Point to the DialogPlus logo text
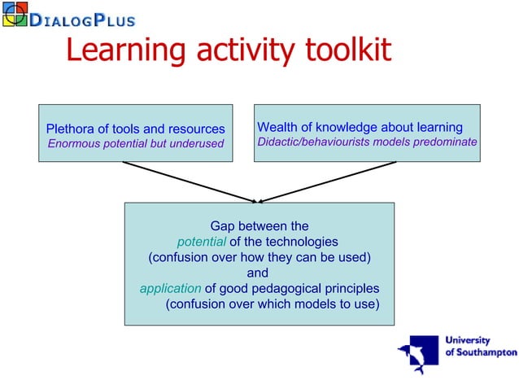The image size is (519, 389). click(82, 19)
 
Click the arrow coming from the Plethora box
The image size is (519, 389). click(187, 181)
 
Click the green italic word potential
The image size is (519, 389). click(201, 242)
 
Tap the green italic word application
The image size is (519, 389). click(170, 288)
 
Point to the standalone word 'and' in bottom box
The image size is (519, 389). click(258, 273)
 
